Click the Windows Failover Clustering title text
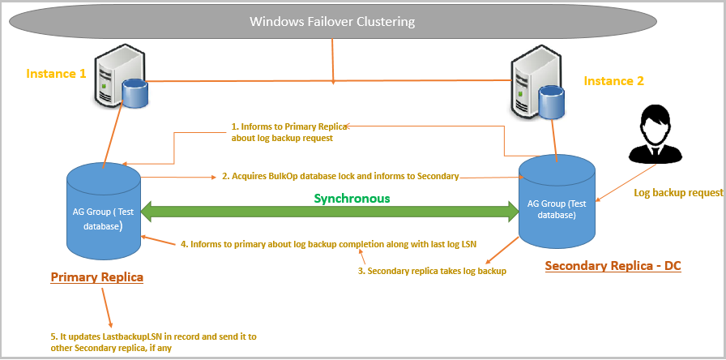332,22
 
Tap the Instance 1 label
56,73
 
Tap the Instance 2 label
613,81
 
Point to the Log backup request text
677,193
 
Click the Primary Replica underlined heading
97,277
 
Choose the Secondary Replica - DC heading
613,266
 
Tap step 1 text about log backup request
288,132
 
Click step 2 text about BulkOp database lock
340,175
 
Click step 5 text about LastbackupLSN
154,341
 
